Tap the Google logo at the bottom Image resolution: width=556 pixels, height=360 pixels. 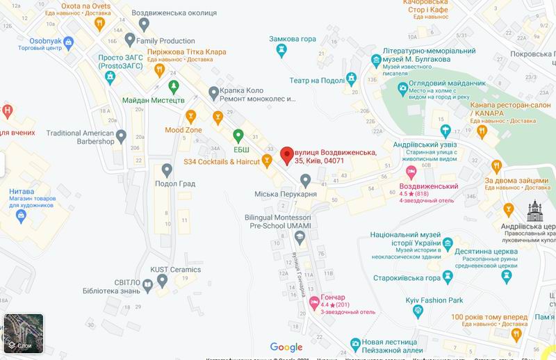pos(286,347)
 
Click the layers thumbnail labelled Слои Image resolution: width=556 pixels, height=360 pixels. pos(23,333)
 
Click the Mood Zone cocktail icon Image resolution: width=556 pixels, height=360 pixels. pos(187,115)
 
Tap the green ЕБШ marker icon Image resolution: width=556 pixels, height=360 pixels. pos(238,134)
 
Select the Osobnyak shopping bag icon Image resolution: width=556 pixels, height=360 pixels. pos(68,42)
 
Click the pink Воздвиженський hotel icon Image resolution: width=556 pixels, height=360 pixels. pos(411,171)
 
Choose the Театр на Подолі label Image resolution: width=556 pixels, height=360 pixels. pos(317,80)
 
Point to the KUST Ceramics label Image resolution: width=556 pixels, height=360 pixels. pos(175,270)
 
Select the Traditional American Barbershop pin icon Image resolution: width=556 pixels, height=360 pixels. pos(121,135)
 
